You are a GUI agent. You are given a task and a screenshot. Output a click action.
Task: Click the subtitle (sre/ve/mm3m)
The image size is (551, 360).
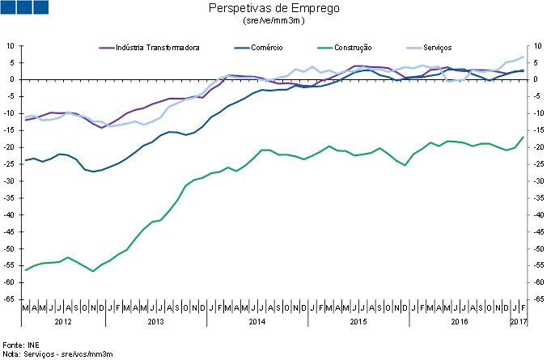click(273, 21)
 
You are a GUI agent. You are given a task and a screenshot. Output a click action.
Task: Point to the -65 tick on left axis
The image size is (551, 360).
click(11, 300)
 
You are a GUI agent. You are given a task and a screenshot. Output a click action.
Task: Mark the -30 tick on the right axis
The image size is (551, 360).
click(535, 181)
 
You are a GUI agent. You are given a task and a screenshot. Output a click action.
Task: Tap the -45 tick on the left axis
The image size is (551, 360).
click(11, 232)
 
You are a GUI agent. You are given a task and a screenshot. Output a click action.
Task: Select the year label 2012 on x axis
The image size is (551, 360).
click(63, 322)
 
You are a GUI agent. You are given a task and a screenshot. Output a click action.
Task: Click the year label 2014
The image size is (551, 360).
click(256, 322)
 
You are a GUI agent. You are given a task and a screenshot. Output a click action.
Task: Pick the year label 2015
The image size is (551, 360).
click(358, 322)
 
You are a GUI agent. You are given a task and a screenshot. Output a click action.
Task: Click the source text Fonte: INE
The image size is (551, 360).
click(21, 345)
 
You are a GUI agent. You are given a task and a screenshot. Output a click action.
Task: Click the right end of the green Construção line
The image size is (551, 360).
click(523, 137)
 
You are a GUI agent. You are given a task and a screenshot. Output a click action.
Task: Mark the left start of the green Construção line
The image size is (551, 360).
click(25, 270)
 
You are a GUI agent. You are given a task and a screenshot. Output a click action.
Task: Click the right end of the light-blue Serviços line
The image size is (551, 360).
click(523, 57)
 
